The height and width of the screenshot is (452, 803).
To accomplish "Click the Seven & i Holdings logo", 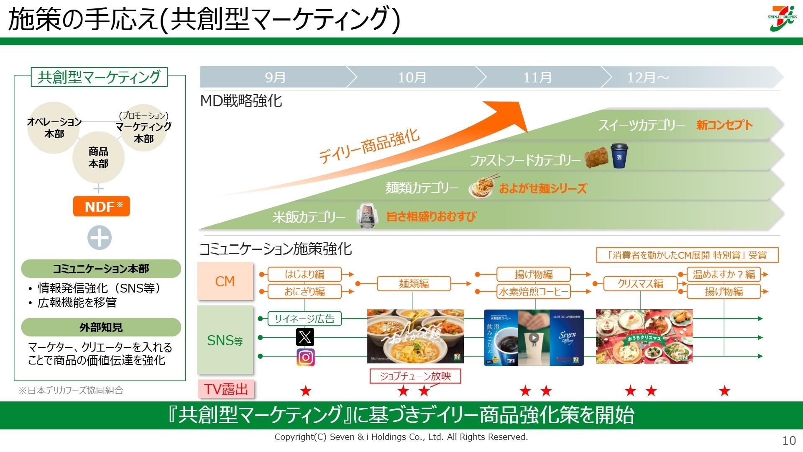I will pos(782,18).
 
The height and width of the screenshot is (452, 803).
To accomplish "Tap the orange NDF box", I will pos(101,206).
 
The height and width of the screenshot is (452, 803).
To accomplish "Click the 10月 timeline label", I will pos(412,77).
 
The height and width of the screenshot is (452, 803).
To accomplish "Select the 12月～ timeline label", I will pos(647,77).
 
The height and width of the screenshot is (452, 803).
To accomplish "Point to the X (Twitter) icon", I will pos(305,336).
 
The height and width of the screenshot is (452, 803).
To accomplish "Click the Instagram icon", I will pos(305,357).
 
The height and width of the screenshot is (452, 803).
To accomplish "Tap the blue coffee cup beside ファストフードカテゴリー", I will pos(619,156).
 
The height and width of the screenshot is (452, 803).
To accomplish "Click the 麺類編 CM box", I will pos(414,284).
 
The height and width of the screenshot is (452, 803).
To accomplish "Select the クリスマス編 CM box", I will pos(640,284).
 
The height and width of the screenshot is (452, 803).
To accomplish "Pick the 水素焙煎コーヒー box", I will pos(533,292).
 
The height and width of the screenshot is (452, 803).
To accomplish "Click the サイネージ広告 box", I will pos(304,319).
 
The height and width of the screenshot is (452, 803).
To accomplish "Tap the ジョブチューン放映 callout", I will pos(415,376).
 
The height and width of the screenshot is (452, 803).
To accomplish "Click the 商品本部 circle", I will pos(98,157).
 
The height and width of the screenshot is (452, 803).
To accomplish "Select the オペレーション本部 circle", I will pos(54,128).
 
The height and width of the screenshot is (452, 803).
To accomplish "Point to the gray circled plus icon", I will pos(100,238).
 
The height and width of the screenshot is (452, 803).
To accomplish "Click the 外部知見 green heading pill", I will pos(101,327).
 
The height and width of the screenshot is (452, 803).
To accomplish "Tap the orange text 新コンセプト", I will pos(724,125).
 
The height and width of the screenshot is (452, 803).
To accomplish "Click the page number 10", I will pos(789,441).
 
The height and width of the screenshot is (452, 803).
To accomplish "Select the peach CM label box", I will pos(225,281).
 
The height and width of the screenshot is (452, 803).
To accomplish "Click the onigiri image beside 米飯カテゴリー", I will pos(367,216).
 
